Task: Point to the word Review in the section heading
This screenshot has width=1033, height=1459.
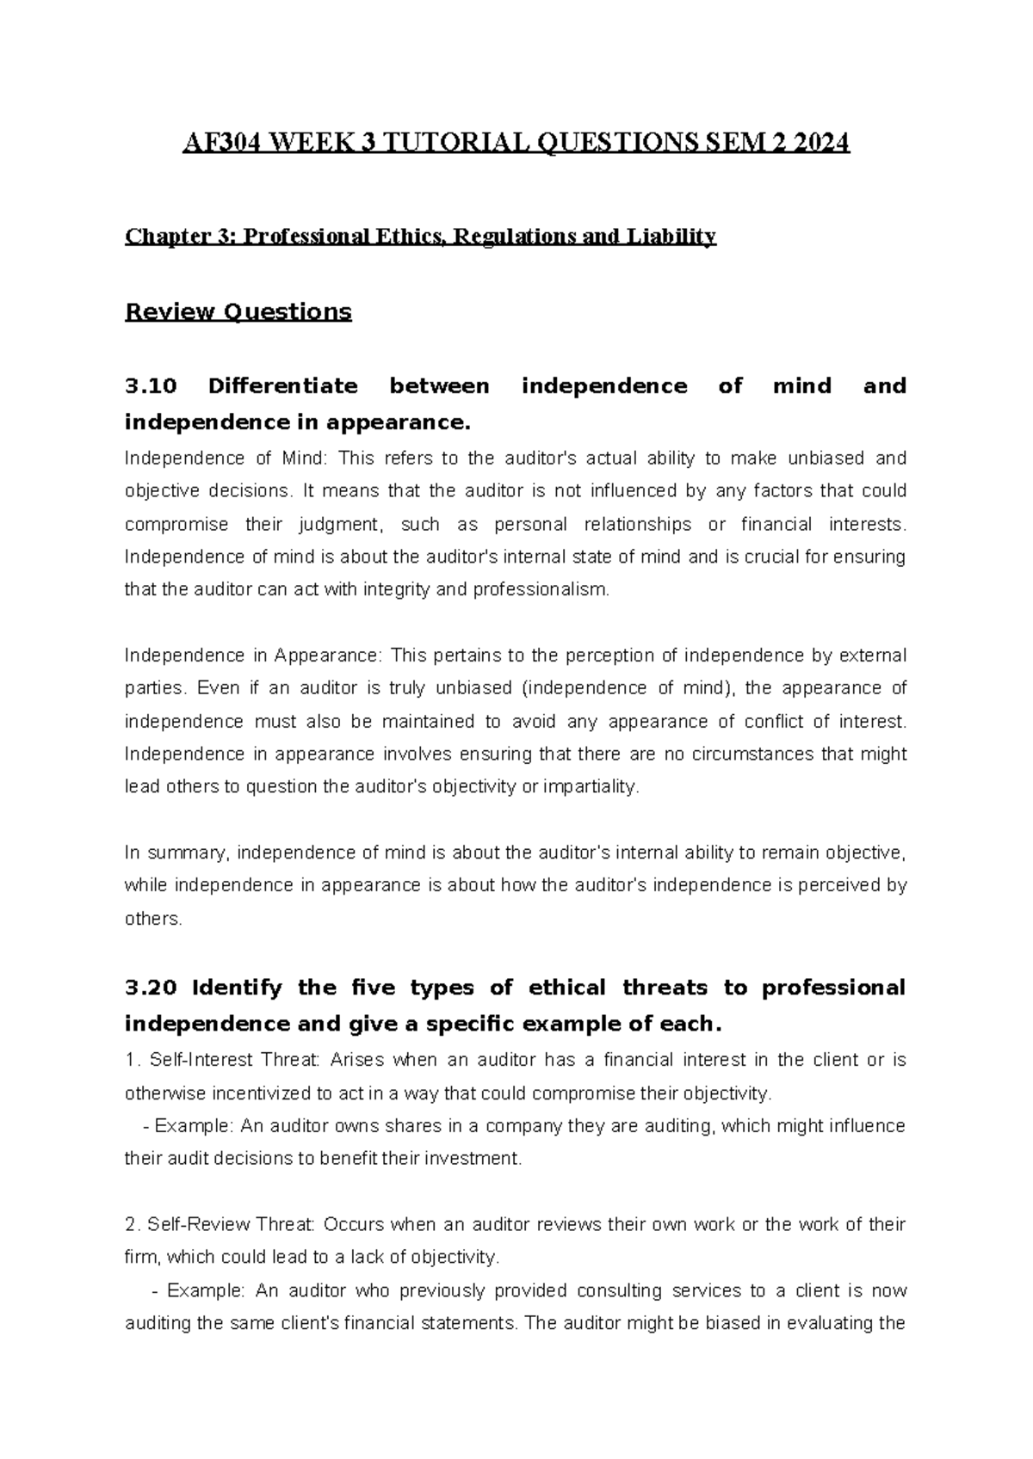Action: tap(169, 311)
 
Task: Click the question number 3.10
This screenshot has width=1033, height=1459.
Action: tap(151, 386)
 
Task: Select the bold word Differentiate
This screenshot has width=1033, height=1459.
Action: tap(282, 386)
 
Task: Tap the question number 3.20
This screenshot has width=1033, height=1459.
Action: tap(151, 988)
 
